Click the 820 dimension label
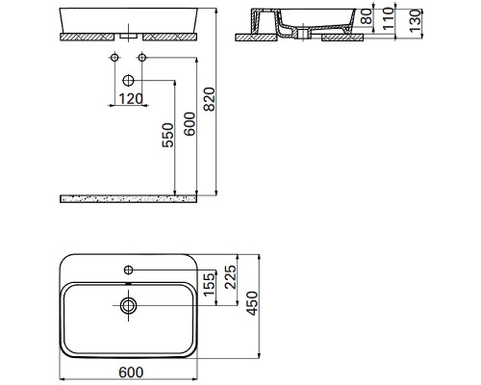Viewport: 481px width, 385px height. click(210, 99)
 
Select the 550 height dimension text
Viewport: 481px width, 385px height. click(167, 135)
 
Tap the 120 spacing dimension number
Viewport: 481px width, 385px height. click(131, 99)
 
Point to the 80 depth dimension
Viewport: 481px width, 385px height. click(367, 16)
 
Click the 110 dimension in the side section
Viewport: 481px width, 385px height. click(389, 19)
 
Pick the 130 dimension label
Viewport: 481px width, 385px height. click(416, 21)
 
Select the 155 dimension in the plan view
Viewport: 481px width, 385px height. click(209, 284)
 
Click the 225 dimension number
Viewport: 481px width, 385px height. click(230, 277)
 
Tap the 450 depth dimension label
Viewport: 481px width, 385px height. click(252, 303)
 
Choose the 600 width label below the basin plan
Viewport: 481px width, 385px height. click(131, 372)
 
